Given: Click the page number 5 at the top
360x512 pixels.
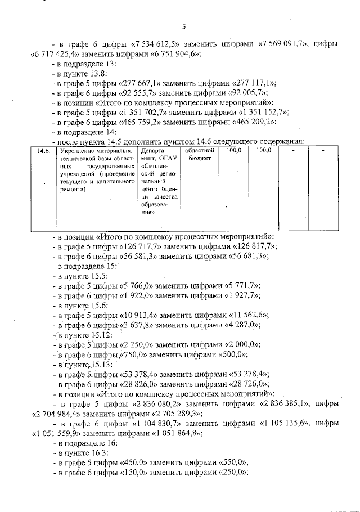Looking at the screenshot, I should pos(184,26).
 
